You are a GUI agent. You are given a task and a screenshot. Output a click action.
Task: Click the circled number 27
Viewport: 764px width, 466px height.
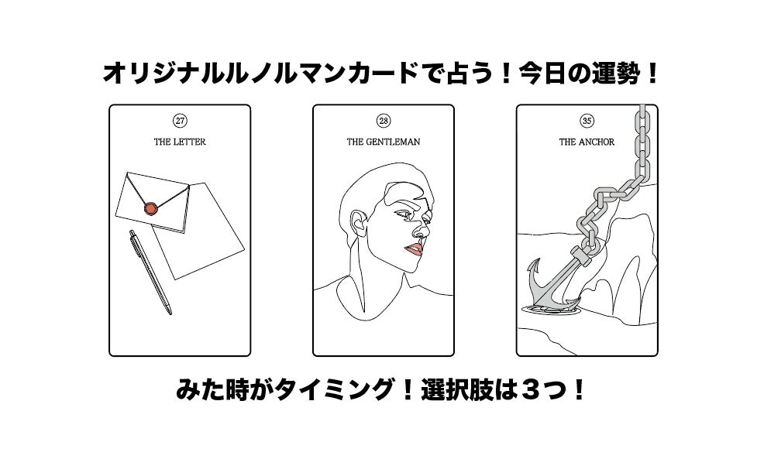pos(180,121)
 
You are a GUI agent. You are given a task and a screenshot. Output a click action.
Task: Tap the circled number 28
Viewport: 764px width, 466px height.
pos(384,121)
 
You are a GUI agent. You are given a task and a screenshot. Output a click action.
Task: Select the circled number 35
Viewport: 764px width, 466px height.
pos(587,121)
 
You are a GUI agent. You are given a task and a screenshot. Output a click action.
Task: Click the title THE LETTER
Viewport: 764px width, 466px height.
pos(180,142)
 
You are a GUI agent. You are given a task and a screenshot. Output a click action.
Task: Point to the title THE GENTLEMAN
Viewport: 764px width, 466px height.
pos(384,142)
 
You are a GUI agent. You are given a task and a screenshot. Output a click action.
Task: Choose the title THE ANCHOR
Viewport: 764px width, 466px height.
pos(587,142)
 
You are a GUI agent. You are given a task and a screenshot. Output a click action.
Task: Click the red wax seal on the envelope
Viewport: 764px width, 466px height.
pos(151,209)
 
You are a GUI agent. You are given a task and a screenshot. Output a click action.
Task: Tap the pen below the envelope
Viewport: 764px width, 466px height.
pos(150,272)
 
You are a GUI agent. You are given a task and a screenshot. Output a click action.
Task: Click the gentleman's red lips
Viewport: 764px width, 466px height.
pos(415,250)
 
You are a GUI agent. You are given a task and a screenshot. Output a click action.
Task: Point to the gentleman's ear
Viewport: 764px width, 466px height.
pos(360,224)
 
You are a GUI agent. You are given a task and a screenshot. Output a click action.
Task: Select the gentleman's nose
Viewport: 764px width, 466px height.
pos(422,229)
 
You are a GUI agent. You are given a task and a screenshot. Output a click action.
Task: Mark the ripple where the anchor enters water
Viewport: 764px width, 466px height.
pos(551,308)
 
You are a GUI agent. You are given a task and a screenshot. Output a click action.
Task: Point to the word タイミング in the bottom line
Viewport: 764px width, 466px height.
pos(334,390)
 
